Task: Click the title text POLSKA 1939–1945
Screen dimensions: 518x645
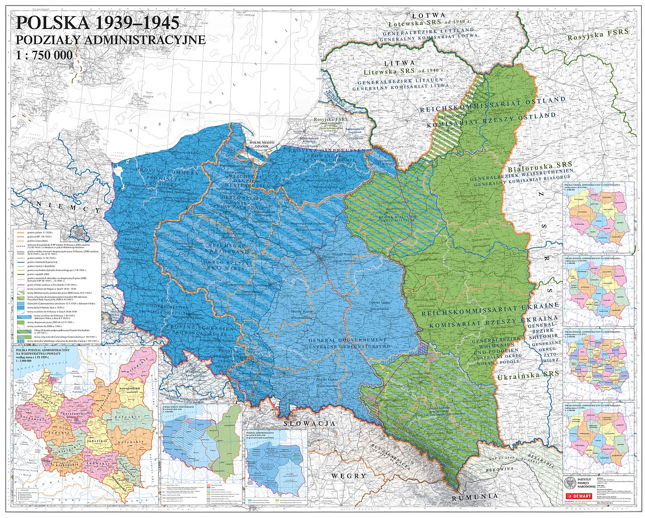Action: pyautogui.click(x=97, y=23)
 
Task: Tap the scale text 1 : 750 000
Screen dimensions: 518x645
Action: pyautogui.click(x=44, y=55)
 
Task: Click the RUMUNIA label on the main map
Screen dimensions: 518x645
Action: pyautogui.click(x=475, y=497)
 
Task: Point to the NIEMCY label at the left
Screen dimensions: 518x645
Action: pyautogui.click(x=69, y=209)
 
